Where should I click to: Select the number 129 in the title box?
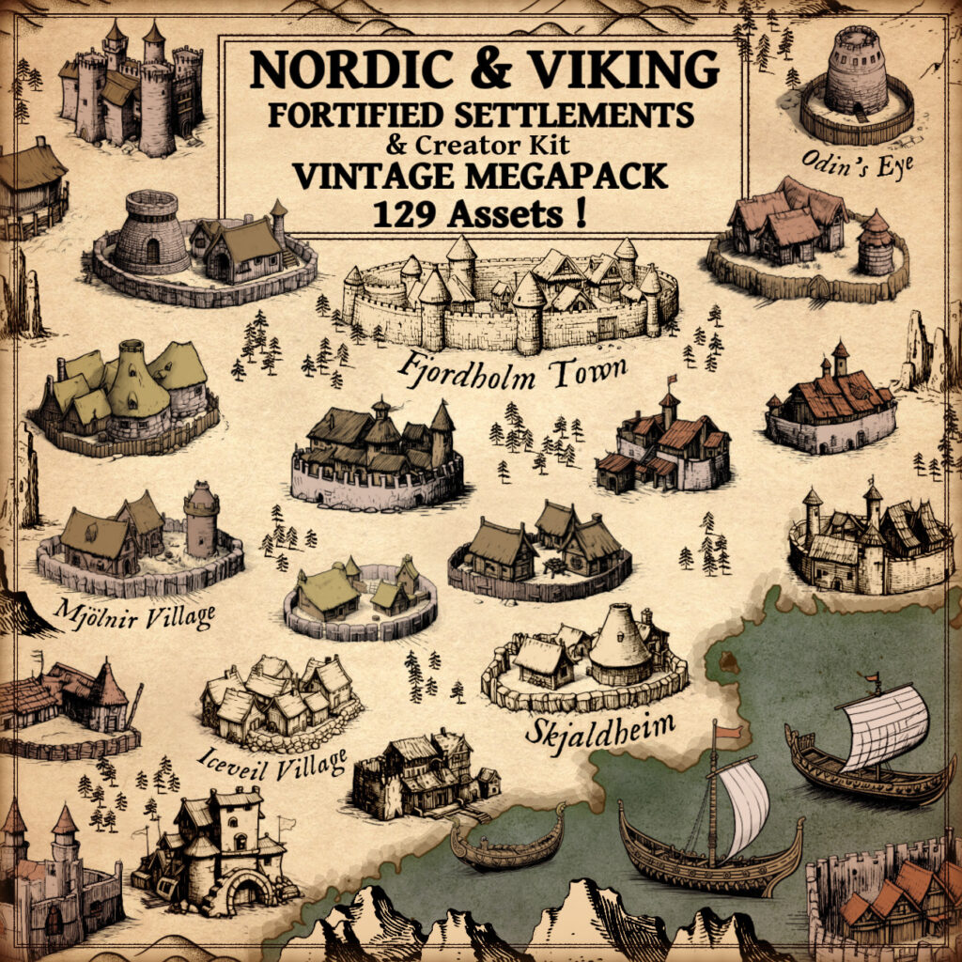(x=407, y=214)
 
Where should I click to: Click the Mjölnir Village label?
(x=134, y=613)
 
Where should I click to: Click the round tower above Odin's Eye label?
(x=856, y=71)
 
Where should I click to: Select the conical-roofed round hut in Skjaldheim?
(x=616, y=644)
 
